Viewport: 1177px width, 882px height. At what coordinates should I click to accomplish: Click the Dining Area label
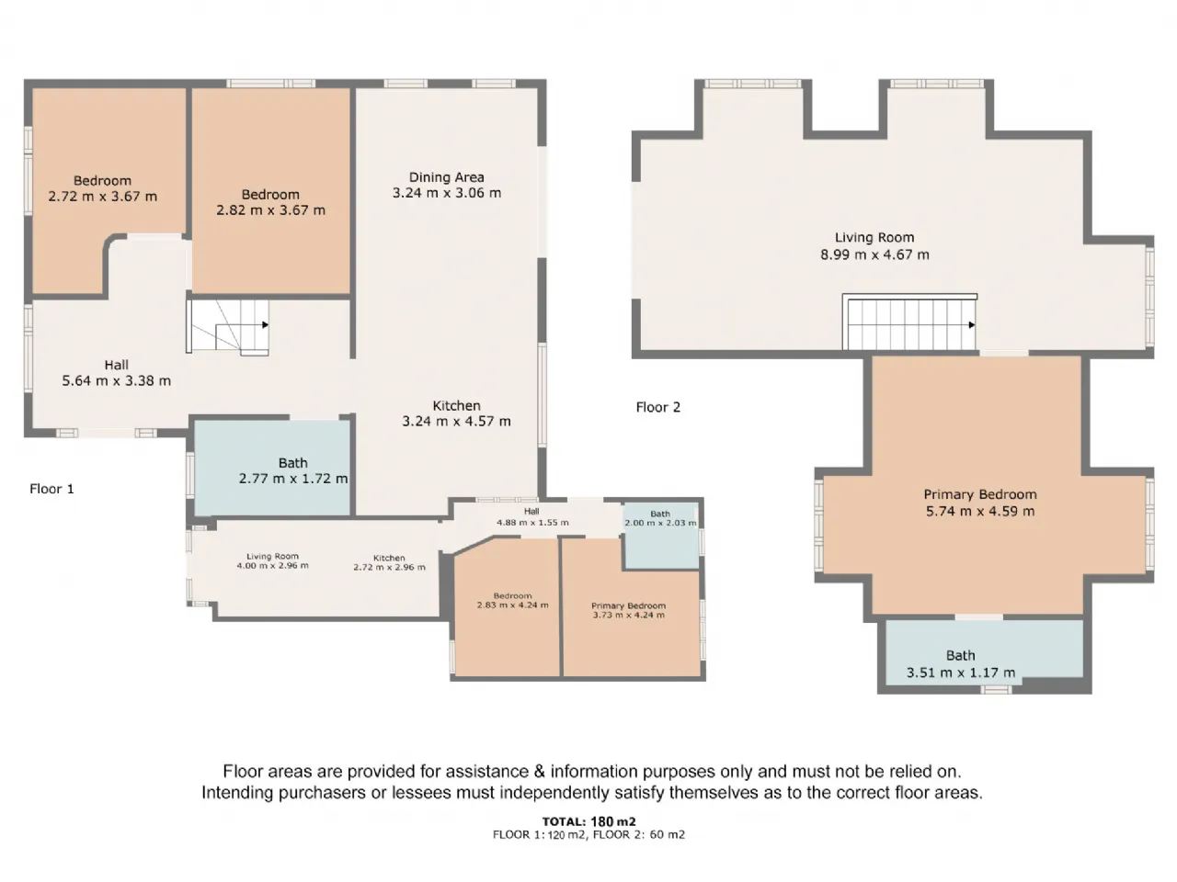click(446, 177)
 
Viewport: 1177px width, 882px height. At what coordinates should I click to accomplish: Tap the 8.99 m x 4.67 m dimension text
click(874, 254)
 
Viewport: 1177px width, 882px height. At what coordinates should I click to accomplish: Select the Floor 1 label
click(51, 489)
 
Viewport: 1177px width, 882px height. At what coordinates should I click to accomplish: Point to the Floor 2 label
click(658, 407)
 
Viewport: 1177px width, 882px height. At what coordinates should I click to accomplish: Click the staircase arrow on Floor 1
click(265, 324)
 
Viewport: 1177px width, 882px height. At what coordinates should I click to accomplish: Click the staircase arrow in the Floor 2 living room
click(972, 324)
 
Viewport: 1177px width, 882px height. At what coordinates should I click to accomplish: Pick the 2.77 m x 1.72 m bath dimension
click(292, 479)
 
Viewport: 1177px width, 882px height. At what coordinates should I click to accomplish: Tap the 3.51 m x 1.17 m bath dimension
click(960, 673)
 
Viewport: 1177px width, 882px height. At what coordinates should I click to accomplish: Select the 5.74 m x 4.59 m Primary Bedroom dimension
click(980, 511)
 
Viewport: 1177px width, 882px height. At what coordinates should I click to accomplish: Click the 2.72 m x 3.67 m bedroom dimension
click(102, 196)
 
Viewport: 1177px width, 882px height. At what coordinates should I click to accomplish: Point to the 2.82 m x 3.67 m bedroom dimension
click(270, 209)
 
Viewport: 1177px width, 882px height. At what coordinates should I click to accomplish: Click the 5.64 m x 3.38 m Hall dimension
click(117, 380)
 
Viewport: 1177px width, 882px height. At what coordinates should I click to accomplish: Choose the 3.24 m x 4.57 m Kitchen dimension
click(456, 421)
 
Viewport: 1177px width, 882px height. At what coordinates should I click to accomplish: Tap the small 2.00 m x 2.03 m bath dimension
click(660, 523)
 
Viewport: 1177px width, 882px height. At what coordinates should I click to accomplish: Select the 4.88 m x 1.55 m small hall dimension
click(532, 522)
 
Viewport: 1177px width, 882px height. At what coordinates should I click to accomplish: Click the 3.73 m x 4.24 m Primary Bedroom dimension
click(628, 615)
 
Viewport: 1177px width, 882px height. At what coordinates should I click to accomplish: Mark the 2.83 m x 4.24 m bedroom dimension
click(512, 605)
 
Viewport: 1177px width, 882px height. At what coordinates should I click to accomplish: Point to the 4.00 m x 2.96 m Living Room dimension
click(272, 566)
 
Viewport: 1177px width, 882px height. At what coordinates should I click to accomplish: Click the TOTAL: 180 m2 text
click(588, 821)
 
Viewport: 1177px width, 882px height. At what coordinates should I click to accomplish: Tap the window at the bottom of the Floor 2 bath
click(996, 690)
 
